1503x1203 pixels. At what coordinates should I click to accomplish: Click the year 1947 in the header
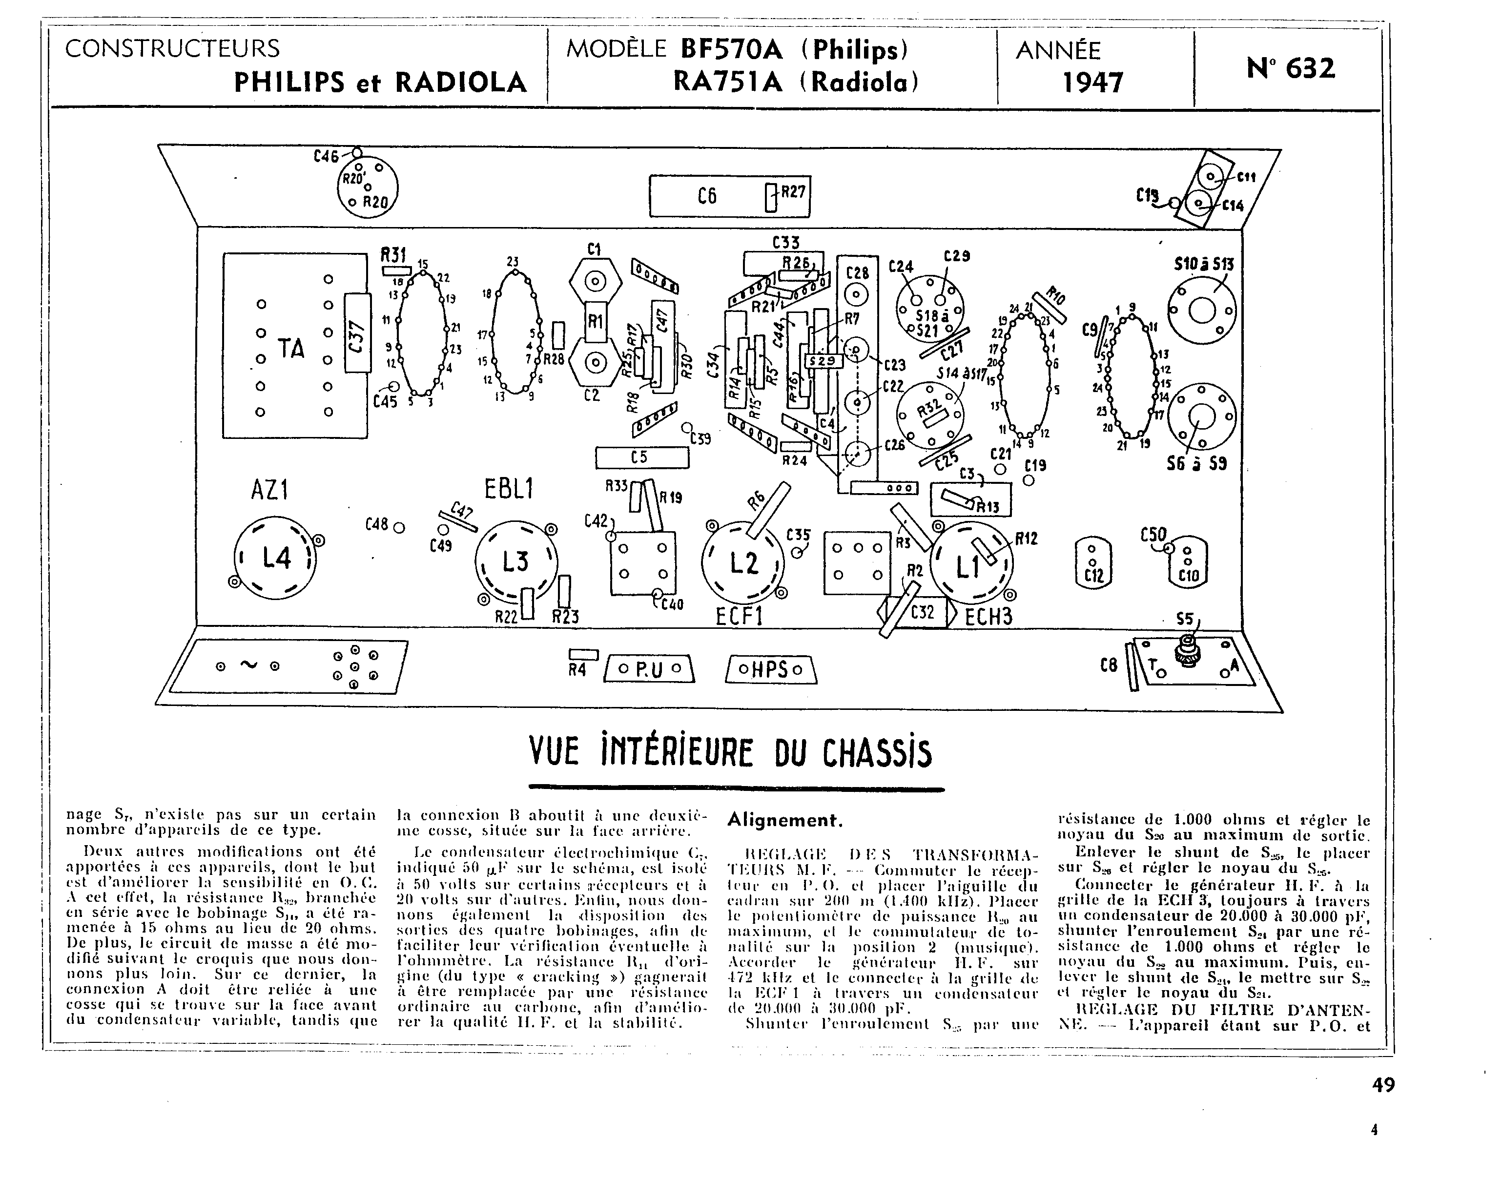tap(1092, 83)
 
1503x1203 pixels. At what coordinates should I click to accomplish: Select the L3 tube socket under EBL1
tap(516, 561)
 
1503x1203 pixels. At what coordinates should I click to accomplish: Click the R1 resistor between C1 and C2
tap(595, 321)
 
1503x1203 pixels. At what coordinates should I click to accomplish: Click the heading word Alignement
tap(784, 820)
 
